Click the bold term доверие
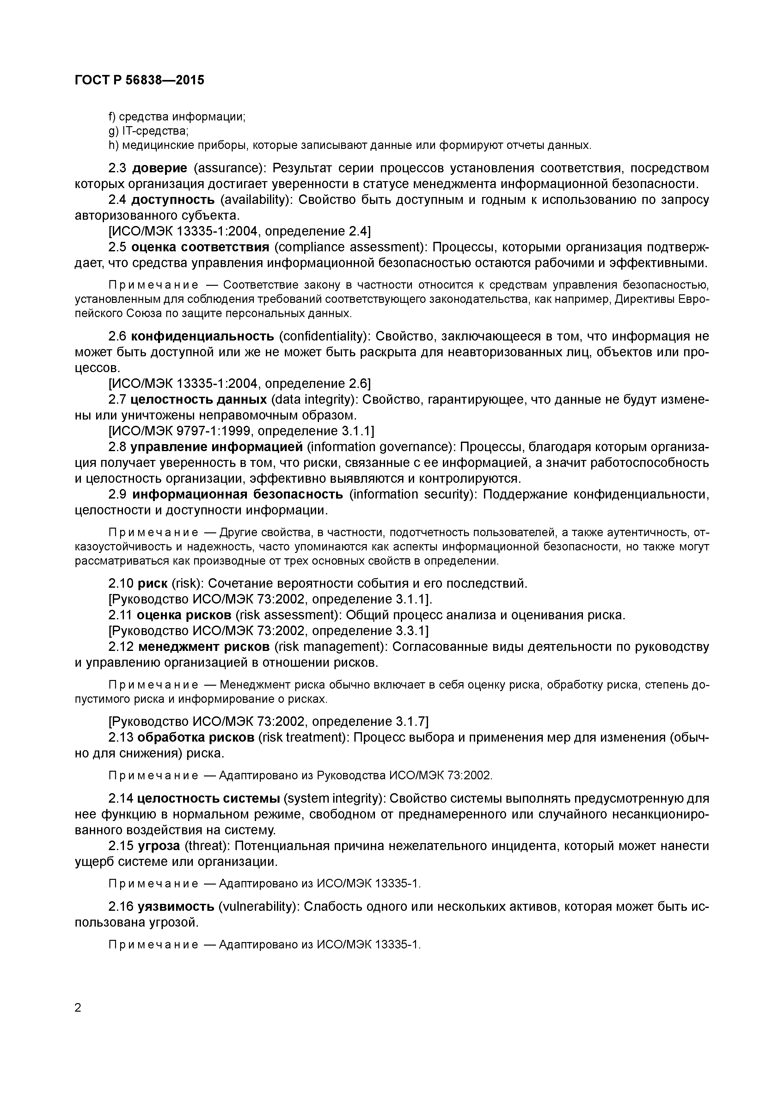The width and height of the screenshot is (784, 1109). [159, 168]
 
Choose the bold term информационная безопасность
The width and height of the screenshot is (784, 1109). [238, 495]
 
